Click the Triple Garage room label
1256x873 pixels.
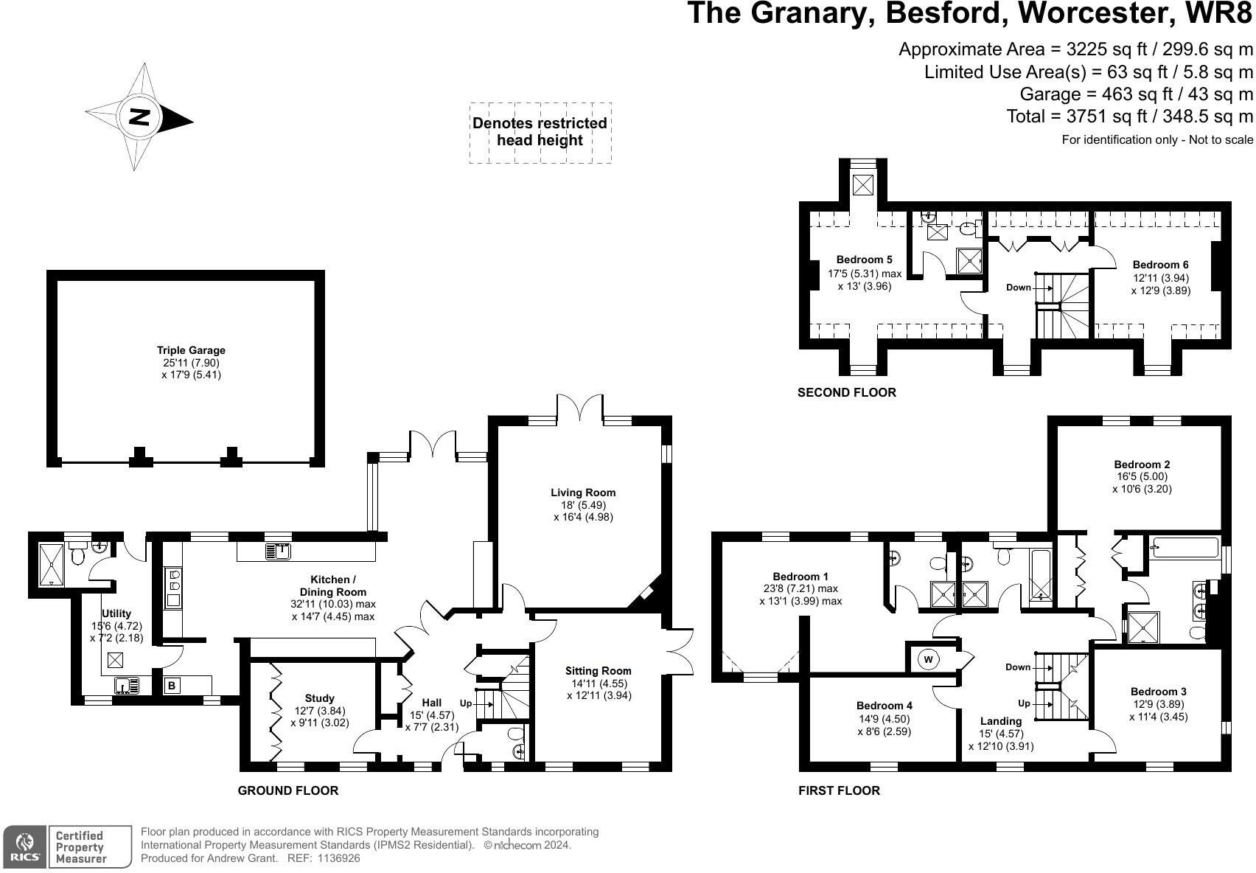point(191,351)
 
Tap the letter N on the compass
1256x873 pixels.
point(139,117)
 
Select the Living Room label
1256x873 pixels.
point(582,493)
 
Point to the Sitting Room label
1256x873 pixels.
point(598,671)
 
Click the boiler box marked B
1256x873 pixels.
point(172,686)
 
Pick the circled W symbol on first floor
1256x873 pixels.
point(929,659)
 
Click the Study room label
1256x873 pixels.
point(319,698)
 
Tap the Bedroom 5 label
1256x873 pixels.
point(864,260)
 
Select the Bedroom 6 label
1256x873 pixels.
point(1160,265)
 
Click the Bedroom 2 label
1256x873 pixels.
point(1142,465)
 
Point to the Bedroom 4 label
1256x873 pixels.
point(884,706)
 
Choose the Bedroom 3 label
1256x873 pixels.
point(1158,692)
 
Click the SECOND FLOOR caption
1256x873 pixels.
point(847,392)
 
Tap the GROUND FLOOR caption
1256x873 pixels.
point(287,790)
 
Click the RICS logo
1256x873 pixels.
point(25,846)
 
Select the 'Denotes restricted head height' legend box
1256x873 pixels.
point(540,133)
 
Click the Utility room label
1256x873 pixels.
point(116,613)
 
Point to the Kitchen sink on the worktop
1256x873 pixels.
point(279,550)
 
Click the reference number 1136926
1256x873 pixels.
point(337,858)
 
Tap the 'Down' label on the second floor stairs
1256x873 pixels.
point(1019,288)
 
